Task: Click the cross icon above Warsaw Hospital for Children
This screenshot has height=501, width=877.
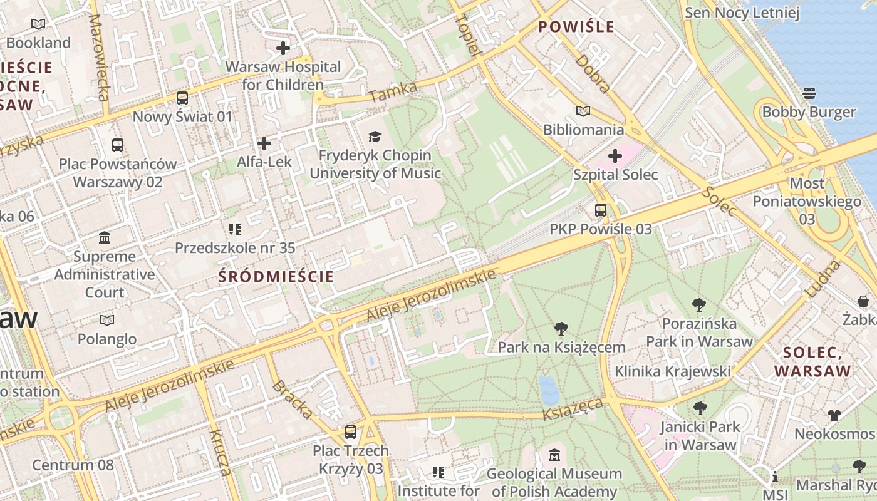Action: [283, 48]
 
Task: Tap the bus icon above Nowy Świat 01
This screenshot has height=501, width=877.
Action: [182, 98]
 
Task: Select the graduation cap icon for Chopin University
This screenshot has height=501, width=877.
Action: [375, 137]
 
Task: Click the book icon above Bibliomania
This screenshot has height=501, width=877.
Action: [583, 111]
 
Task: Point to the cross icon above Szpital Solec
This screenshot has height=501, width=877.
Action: [615, 155]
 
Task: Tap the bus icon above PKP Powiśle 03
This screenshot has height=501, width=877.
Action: [601, 210]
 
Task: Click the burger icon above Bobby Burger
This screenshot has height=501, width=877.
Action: [809, 93]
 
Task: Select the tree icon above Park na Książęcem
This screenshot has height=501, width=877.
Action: [561, 328]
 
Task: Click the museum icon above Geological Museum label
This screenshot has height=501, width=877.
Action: [554, 455]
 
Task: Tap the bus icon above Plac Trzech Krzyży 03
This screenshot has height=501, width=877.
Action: [351, 432]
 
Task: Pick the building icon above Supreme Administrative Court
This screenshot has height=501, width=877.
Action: [105, 238]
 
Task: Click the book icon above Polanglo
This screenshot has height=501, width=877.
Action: [107, 320]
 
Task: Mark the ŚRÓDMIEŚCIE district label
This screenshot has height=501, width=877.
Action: [276, 276]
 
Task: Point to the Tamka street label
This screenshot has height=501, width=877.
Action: [393, 93]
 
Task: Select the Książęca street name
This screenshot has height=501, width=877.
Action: [573, 408]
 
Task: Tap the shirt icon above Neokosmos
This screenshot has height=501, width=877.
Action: [834, 415]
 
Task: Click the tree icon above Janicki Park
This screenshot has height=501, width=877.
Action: [700, 408]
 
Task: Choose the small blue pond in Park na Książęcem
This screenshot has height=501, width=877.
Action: [549, 390]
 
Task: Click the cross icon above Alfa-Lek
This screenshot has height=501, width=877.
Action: [264, 143]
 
